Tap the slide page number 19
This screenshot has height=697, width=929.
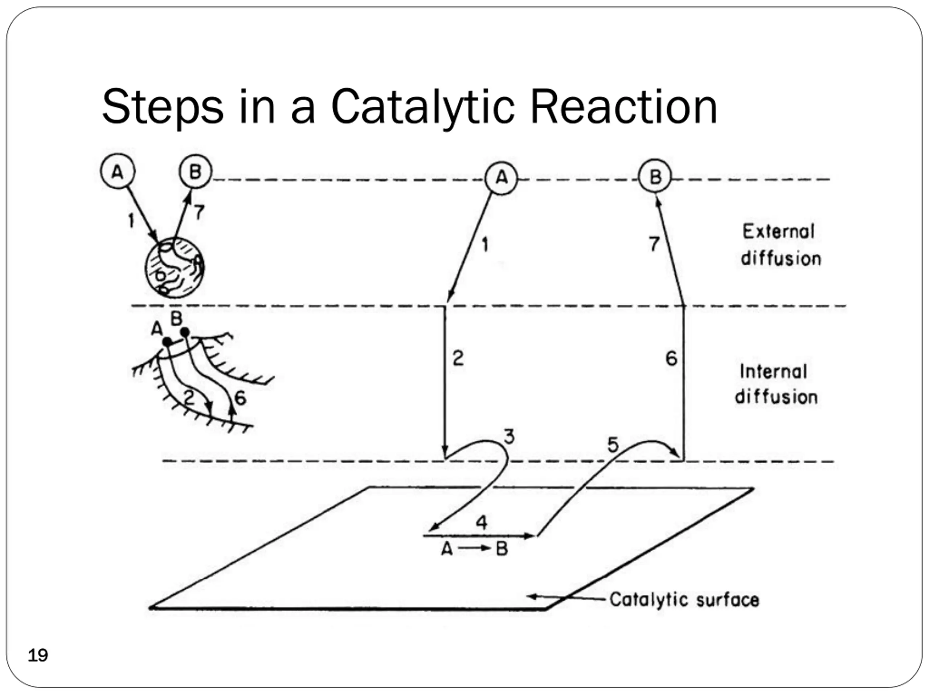(38, 655)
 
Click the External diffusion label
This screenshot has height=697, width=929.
(781, 245)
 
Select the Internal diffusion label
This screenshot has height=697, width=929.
(777, 384)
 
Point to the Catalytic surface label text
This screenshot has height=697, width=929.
(684, 600)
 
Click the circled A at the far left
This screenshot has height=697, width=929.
(118, 171)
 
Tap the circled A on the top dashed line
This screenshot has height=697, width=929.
(501, 178)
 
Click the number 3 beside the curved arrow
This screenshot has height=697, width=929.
(509, 437)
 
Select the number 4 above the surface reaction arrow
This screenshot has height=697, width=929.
(481, 522)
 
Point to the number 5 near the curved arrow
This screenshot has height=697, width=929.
(613, 444)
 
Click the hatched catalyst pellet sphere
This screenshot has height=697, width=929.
(175, 267)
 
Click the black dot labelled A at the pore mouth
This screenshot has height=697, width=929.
(167, 342)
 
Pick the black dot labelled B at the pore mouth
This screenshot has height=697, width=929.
(185, 332)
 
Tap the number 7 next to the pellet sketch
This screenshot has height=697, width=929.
(199, 212)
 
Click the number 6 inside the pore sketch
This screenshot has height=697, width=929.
(240, 398)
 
